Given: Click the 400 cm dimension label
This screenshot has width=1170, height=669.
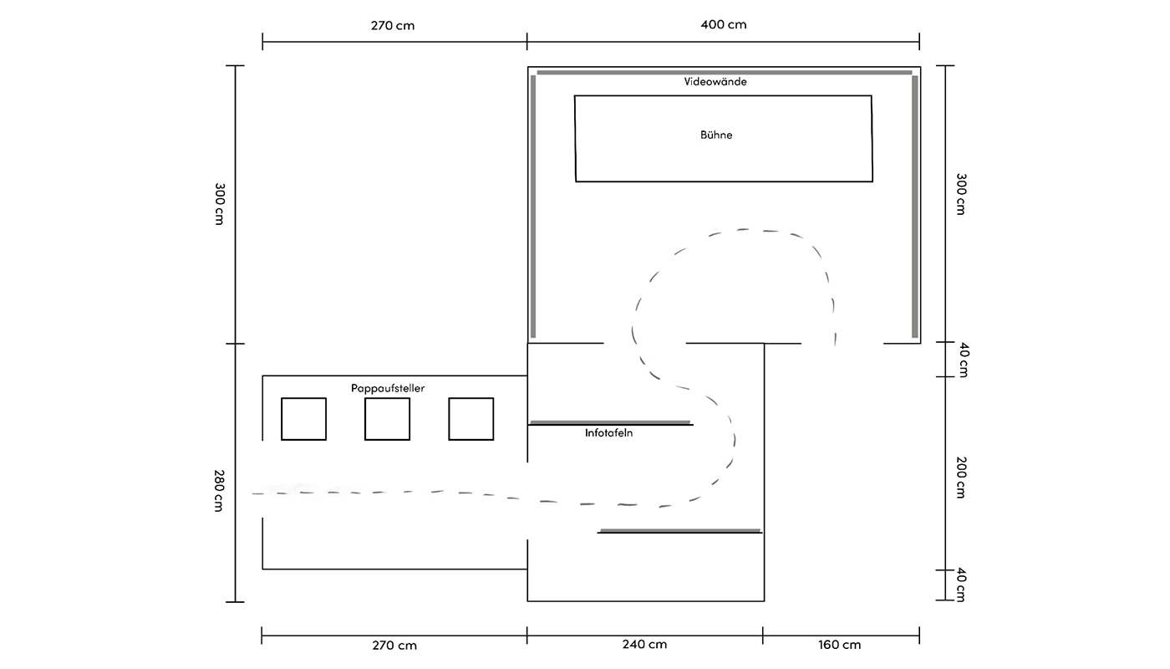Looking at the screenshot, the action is [x=724, y=24].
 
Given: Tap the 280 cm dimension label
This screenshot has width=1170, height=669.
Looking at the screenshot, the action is [x=219, y=491].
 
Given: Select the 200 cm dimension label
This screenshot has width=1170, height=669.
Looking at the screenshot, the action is [x=961, y=477].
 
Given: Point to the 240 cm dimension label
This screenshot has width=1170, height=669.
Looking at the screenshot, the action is [x=644, y=645].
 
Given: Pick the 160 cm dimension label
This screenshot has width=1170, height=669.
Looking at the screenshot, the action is [x=839, y=645].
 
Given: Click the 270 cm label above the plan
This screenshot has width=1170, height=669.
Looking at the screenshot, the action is [x=393, y=26].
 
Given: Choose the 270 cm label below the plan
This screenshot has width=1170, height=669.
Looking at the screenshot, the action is [x=394, y=646].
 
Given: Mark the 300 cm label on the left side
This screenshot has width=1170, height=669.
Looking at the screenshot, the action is [x=219, y=204].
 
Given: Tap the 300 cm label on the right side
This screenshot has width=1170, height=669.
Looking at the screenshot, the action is [x=961, y=194].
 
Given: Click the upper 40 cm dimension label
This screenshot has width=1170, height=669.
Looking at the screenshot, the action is [x=964, y=360].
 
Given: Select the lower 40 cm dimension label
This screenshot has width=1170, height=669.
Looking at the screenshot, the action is [x=961, y=585].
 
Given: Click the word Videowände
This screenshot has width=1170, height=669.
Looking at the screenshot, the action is [x=715, y=82].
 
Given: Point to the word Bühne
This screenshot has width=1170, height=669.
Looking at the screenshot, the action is [x=716, y=135].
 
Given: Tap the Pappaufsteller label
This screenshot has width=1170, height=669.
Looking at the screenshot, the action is [x=388, y=388].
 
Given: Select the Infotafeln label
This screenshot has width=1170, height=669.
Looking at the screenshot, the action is [x=608, y=433].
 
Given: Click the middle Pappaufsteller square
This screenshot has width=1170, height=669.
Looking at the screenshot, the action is [x=387, y=419].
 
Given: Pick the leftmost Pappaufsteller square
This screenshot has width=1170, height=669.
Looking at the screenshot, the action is [x=303, y=419].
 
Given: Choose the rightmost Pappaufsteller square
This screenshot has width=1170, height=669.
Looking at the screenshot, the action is [x=471, y=419].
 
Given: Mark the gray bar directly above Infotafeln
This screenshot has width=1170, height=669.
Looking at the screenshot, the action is [x=610, y=422].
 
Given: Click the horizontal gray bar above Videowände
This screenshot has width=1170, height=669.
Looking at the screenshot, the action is [x=725, y=73].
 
